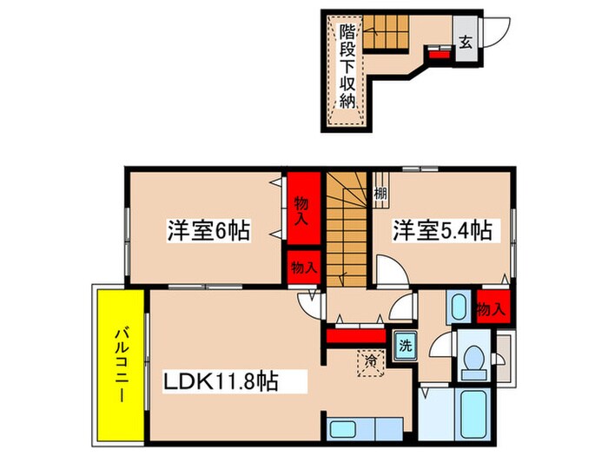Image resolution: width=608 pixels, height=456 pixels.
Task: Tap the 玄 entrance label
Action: click(x=465, y=41)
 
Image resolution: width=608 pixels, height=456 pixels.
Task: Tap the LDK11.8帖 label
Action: click(x=222, y=380)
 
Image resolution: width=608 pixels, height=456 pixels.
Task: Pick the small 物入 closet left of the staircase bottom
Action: click(x=302, y=266)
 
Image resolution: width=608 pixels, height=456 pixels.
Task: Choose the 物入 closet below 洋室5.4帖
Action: click(x=491, y=308)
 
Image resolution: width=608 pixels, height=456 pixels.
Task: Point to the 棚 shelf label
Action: click(x=381, y=195)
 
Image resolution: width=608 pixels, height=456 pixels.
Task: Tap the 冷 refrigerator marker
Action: click(x=369, y=356)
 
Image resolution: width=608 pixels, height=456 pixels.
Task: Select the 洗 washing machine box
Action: click(x=404, y=343)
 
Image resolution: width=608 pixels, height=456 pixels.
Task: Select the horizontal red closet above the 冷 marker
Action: click(x=354, y=334)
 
